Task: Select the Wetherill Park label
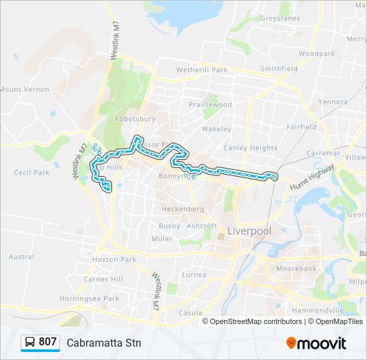202,69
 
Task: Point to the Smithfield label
279,69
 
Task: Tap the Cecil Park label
31,173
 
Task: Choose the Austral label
21,257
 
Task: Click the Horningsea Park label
89,299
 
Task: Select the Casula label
190,313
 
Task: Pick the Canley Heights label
250,148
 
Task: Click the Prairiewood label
210,105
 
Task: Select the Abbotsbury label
135,119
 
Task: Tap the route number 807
47,342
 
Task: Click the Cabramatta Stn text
104,343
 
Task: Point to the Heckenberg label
182,209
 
